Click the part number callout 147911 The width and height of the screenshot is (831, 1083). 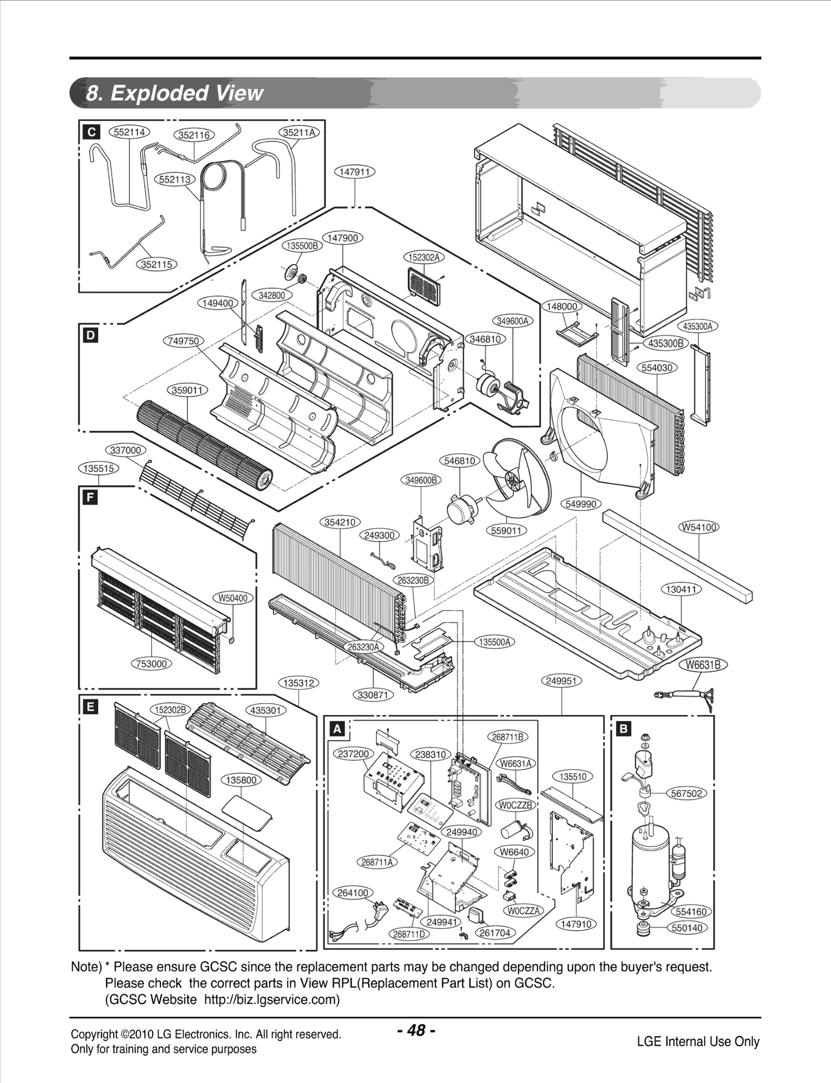tap(354, 171)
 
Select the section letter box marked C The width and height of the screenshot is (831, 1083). tap(91, 132)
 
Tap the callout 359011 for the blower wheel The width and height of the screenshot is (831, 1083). tap(187, 390)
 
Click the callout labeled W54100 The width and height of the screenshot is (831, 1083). tap(699, 527)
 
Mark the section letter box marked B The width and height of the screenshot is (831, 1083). tap(623, 729)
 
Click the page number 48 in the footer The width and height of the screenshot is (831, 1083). tap(415, 1029)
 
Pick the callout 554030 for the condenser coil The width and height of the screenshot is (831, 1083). tap(657, 367)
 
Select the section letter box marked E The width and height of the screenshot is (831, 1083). tap(91, 707)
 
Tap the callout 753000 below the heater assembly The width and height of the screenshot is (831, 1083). tap(151, 664)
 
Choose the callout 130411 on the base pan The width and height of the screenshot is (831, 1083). tap(681, 589)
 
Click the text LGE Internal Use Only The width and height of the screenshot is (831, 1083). tap(698, 1041)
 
